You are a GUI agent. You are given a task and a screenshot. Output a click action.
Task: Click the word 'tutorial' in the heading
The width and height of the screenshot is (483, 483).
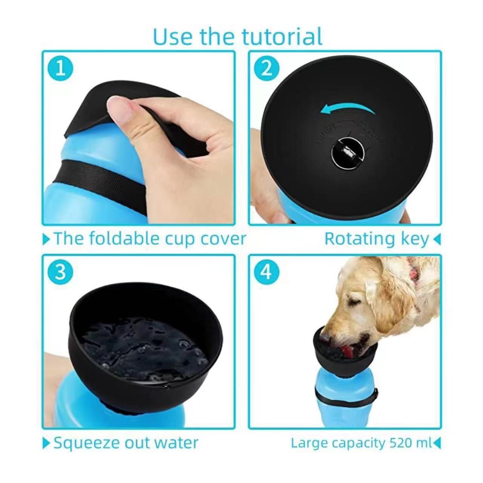(x=282, y=37)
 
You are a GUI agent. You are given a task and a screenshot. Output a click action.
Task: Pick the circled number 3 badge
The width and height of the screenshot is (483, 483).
(x=61, y=272)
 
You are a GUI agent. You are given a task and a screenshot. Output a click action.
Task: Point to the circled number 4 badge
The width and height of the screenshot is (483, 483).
(x=267, y=272)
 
